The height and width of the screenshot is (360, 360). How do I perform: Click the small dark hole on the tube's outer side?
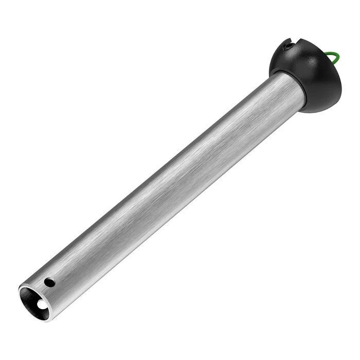pyautogui.click(x=49, y=282)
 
